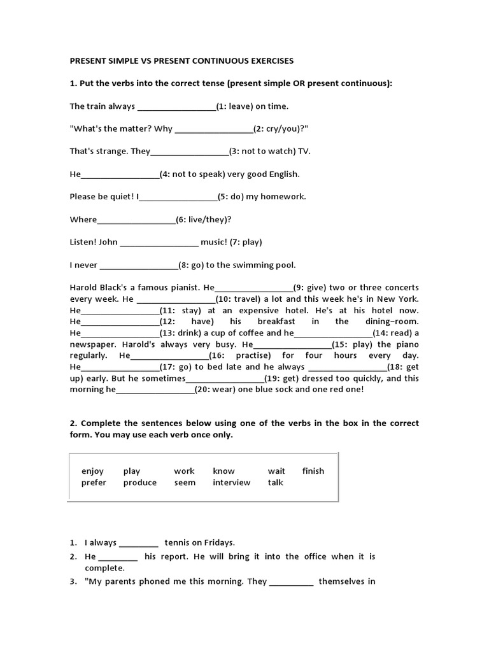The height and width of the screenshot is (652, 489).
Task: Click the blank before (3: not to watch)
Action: (x=190, y=152)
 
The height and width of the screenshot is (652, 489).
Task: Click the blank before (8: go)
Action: (x=139, y=265)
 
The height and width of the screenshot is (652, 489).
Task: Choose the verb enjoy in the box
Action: (x=92, y=471)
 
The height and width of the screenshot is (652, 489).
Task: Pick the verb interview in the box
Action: (x=232, y=483)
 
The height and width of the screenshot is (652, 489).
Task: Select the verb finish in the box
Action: (x=313, y=471)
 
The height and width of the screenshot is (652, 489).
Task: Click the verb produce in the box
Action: (x=140, y=483)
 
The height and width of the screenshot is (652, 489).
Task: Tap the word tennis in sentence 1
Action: (x=178, y=543)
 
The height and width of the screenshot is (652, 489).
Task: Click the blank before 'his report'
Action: (x=118, y=556)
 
